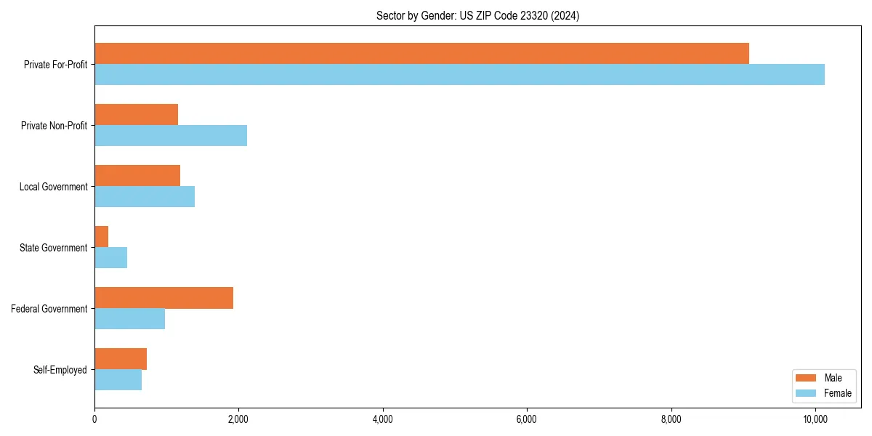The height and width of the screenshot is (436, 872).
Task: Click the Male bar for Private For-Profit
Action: click(x=421, y=54)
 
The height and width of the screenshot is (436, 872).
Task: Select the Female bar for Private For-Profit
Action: click(x=459, y=75)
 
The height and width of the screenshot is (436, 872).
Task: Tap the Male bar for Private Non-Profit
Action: click(x=136, y=115)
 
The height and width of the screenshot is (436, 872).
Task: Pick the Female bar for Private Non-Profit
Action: click(x=171, y=136)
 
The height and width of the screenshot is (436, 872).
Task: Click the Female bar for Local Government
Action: click(x=145, y=197)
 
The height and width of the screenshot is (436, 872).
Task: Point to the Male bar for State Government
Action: click(x=102, y=237)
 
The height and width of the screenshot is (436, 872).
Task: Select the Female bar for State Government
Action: click(x=111, y=258)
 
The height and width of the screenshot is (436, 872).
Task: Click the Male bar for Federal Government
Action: click(x=163, y=298)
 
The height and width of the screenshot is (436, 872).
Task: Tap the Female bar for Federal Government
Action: click(x=129, y=319)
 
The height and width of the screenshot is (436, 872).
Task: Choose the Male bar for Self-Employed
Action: click(x=121, y=359)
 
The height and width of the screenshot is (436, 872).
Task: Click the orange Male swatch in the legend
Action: click(x=807, y=379)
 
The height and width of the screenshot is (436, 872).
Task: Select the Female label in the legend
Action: click(x=838, y=393)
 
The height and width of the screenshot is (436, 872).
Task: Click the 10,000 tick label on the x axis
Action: click(x=815, y=419)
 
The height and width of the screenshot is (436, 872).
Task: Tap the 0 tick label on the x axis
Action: click(x=94, y=419)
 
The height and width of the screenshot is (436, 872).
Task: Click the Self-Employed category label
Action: click(x=60, y=370)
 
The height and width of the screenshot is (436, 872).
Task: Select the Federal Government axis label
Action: click(x=49, y=309)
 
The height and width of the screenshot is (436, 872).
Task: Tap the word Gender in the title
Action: click(x=424, y=15)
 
